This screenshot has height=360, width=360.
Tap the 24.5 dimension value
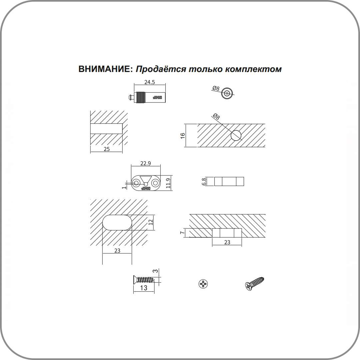(x=149, y=82)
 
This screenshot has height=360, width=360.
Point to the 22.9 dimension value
(x=146, y=163)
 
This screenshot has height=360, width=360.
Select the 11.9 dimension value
(x=169, y=183)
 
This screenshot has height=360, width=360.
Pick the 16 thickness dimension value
(x=183, y=135)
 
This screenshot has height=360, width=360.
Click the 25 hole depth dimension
(x=107, y=149)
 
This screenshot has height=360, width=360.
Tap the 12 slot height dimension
(x=150, y=222)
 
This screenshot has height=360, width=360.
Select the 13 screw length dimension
(x=143, y=288)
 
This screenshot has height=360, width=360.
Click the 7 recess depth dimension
(x=182, y=233)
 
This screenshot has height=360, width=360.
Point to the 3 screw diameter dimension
(x=155, y=271)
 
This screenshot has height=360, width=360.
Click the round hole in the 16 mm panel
(x=236, y=135)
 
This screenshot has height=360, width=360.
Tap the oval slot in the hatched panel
(x=117, y=222)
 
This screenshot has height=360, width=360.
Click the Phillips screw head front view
(x=203, y=284)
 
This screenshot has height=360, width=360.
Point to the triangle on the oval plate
(x=146, y=179)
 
